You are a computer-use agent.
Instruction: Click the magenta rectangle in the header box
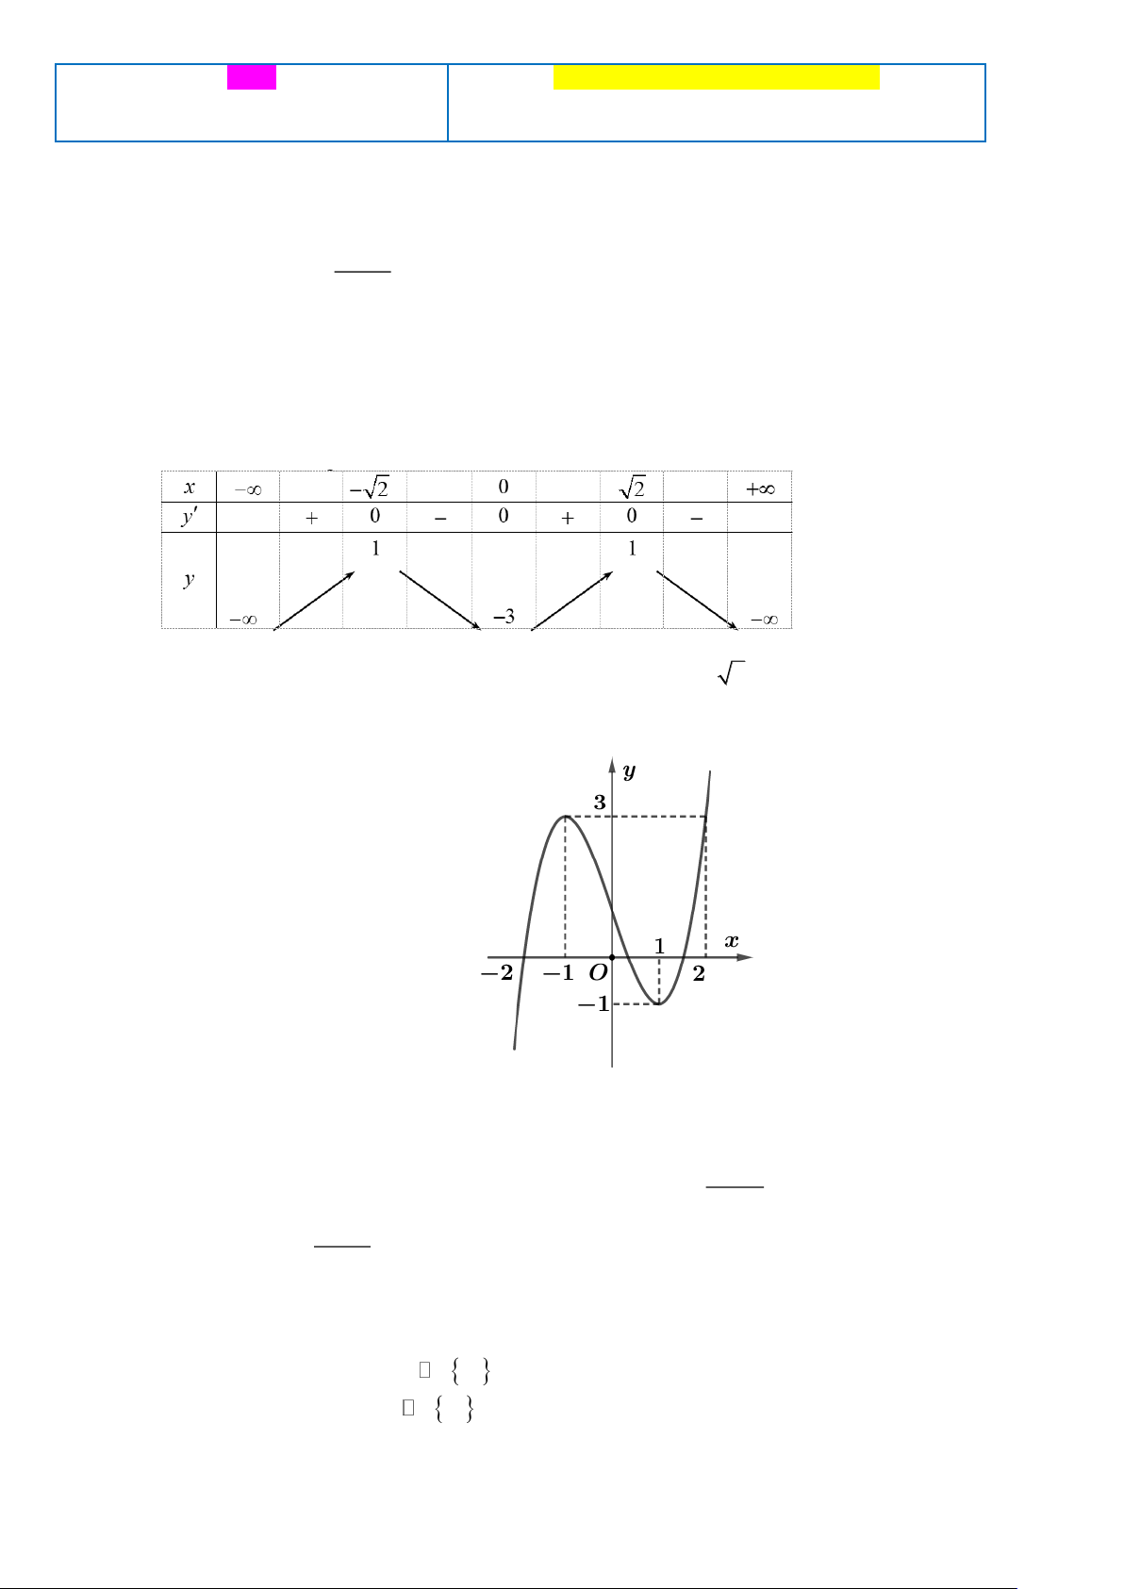251,77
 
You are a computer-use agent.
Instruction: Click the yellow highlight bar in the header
717,77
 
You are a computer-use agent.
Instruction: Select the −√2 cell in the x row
369,487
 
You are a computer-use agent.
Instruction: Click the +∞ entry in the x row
760,488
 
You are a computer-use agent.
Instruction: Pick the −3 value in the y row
504,617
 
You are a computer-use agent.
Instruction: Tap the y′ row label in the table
190,517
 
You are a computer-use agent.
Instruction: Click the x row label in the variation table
190,488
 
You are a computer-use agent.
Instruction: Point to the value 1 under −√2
375,548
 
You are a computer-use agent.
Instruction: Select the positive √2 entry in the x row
632,487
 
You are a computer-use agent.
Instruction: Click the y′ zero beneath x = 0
503,516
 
